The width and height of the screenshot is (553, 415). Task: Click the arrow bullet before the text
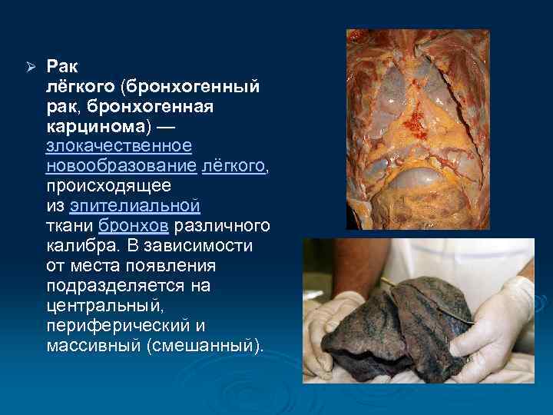tap(31, 66)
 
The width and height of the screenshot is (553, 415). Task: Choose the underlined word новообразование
tap(121, 166)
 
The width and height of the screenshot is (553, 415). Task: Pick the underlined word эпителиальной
tap(134, 206)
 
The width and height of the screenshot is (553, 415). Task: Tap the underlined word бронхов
tap(134, 226)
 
